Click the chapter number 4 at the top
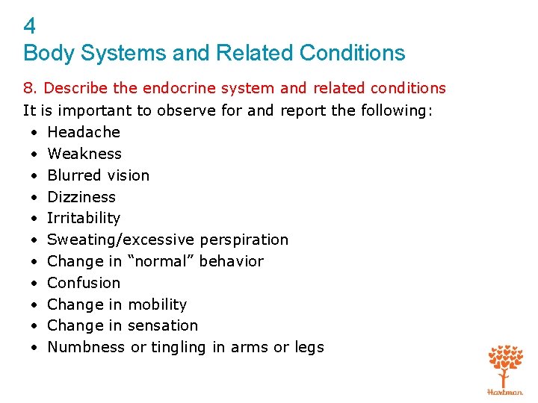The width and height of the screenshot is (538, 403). pyautogui.click(x=29, y=27)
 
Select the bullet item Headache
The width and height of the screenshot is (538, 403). pyautogui.click(x=84, y=132)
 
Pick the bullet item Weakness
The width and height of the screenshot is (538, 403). pyautogui.click(x=84, y=154)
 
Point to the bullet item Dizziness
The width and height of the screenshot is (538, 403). pyautogui.click(x=81, y=197)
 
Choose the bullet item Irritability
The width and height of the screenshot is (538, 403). pyautogui.click(x=84, y=218)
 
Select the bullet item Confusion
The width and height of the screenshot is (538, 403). pyautogui.click(x=84, y=283)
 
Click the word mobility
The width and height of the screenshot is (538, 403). pyautogui.click(x=158, y=304)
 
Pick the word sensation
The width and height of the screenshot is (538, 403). pyautogui.click(x=163, y=325)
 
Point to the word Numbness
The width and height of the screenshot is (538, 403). pyautogui.click(x=86, y=347)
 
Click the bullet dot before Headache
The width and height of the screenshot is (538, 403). pyautogui.click(x=35, y=133)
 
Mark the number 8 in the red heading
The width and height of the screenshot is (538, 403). pyautogui.click(x=28, y=88)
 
